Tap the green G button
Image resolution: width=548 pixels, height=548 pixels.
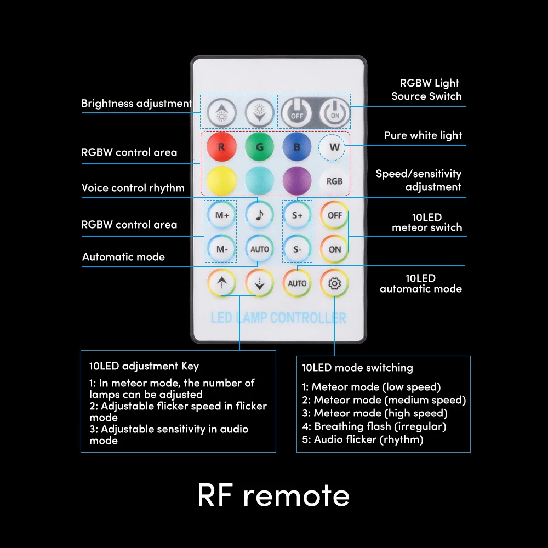click(259, 147)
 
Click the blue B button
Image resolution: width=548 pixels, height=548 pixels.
click(296, 147)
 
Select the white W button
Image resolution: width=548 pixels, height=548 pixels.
click(334, 147)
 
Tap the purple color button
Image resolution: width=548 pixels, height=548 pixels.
click(296, 181)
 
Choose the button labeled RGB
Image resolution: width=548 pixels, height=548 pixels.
click(334, 181)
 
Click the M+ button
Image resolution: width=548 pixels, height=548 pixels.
click(221, 215)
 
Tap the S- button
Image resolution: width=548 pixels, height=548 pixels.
click(297, 249)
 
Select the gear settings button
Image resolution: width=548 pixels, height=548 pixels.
click(334, 283)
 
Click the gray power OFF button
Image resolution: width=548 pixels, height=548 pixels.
click(296, 113)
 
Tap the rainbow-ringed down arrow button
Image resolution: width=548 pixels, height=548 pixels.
click(259, 283)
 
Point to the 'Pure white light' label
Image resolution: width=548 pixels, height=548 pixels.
click(423, 135)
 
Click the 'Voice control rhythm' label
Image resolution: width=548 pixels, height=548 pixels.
click(133, 188)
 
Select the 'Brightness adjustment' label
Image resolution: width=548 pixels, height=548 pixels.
click(136, 104)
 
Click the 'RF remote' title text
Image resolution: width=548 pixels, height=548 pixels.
click(273, 495)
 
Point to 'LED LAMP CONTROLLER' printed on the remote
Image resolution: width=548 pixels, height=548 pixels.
click(278, 318)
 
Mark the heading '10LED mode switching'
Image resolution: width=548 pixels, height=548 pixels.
click(357, 368)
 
